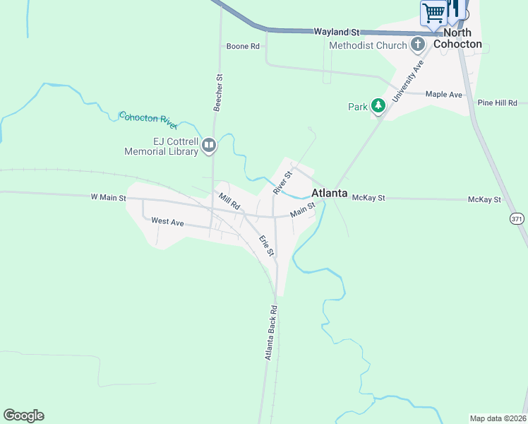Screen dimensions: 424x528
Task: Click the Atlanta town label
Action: (329, 193)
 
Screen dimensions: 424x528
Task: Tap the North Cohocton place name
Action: (457, 39)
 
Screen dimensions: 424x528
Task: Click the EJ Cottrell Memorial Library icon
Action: (209, 146)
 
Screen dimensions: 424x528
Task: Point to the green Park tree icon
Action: (379, 107)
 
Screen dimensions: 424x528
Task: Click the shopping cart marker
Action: (434, 12)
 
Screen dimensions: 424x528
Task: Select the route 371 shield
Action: (517, 219)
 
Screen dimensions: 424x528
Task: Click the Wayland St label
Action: (337, 32)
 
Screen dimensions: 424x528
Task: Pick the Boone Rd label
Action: (243, 47)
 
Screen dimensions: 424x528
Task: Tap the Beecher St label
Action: (219, 93)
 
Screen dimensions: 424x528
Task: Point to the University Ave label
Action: (407, 81)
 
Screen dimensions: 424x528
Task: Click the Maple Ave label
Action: (444, 95)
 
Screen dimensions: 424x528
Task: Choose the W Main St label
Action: (108, 198)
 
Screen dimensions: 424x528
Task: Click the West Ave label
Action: (167, 221)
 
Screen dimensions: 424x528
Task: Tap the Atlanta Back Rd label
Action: (272, 333)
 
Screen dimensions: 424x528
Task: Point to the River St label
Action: (282, 183)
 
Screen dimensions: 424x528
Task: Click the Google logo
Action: (23, 416)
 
